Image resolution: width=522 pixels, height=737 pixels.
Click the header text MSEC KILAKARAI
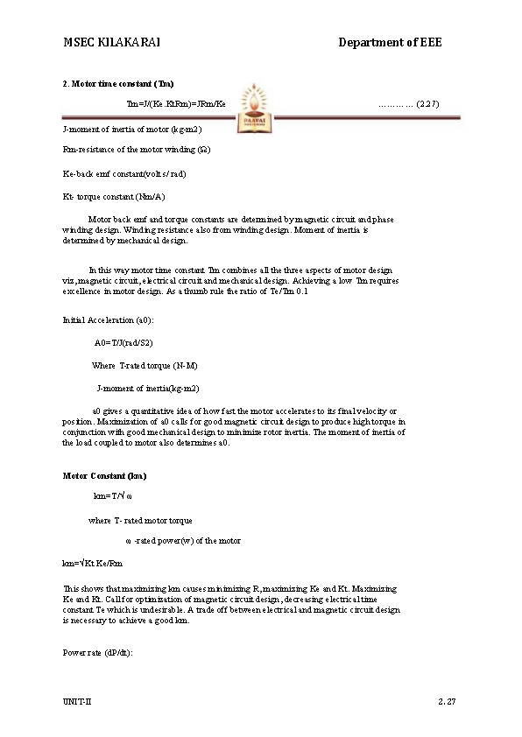(111, 42)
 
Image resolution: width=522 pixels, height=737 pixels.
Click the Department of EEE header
(390, 42)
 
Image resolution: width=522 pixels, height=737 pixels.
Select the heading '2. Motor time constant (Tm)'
(118, 84)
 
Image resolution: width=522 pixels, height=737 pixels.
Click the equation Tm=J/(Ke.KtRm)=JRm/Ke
(176, 104)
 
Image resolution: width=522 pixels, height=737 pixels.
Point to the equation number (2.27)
(408, 104)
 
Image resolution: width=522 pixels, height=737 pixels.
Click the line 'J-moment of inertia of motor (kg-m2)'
(132, 129)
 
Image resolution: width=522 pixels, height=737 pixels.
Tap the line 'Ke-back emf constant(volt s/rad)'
(124, 173)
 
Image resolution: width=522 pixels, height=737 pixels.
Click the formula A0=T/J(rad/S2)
(136, 342)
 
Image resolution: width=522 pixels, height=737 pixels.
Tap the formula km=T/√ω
(113, 496)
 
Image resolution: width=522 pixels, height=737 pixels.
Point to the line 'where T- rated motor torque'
(140, 520)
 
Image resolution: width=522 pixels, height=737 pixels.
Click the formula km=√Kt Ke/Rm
(93, 563)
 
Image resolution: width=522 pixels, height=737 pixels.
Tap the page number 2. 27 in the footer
(448, 702)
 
